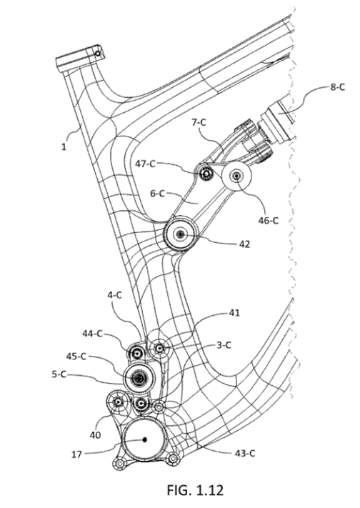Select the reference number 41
coord(236,312)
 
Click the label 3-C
coord(225,344)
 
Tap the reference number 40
coord(95,434)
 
